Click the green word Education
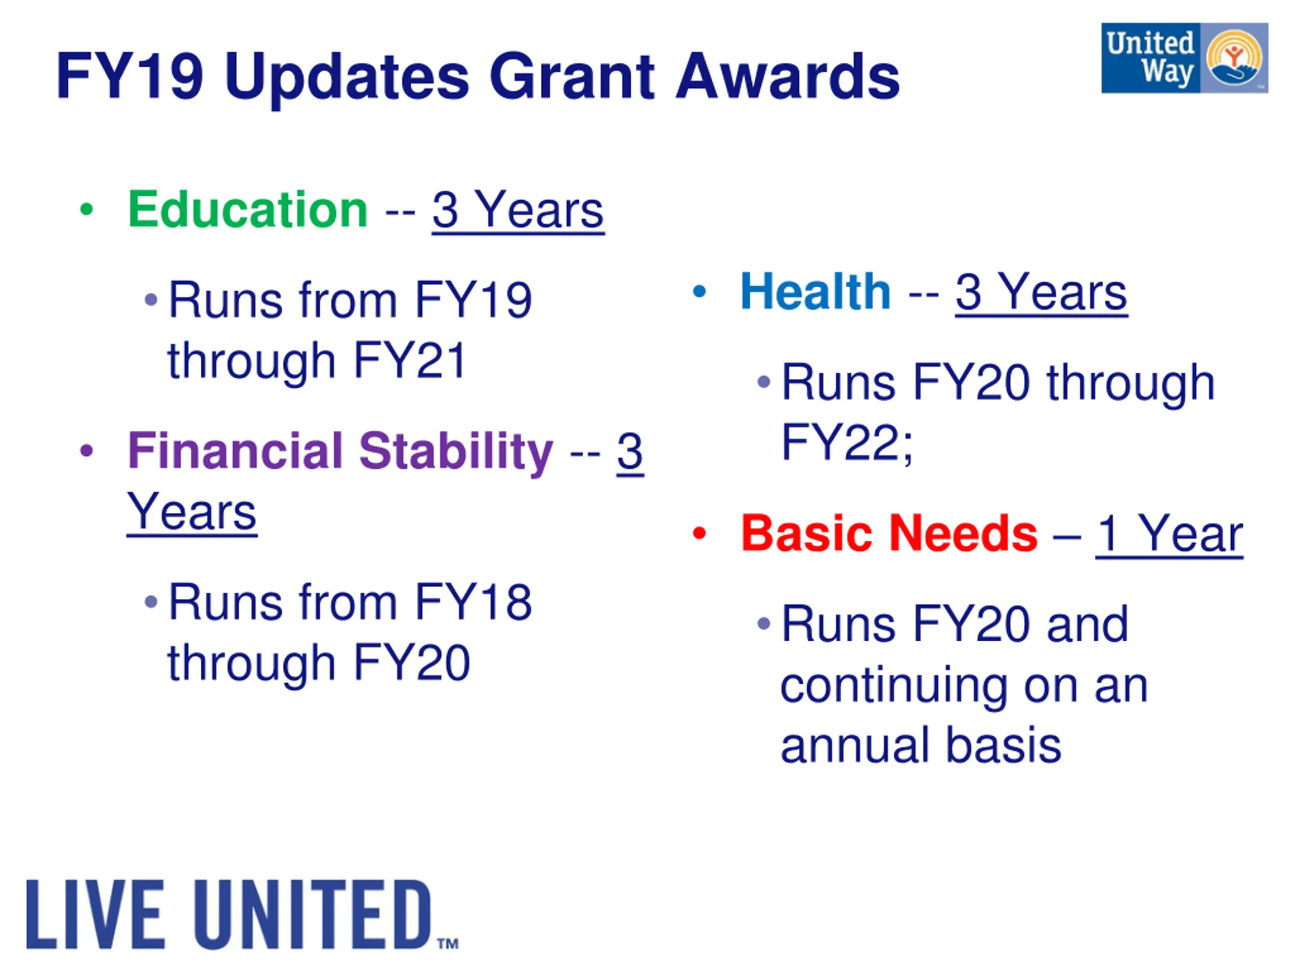tap(248, 209)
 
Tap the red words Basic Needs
tap(889, 533)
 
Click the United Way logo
tap(1184, 58)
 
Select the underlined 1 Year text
tap(1169, 534)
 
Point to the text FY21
tap(410, 361)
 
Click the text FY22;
tap(847, 443)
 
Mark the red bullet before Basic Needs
tap(699, 533)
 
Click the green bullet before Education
tap(87, 209)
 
